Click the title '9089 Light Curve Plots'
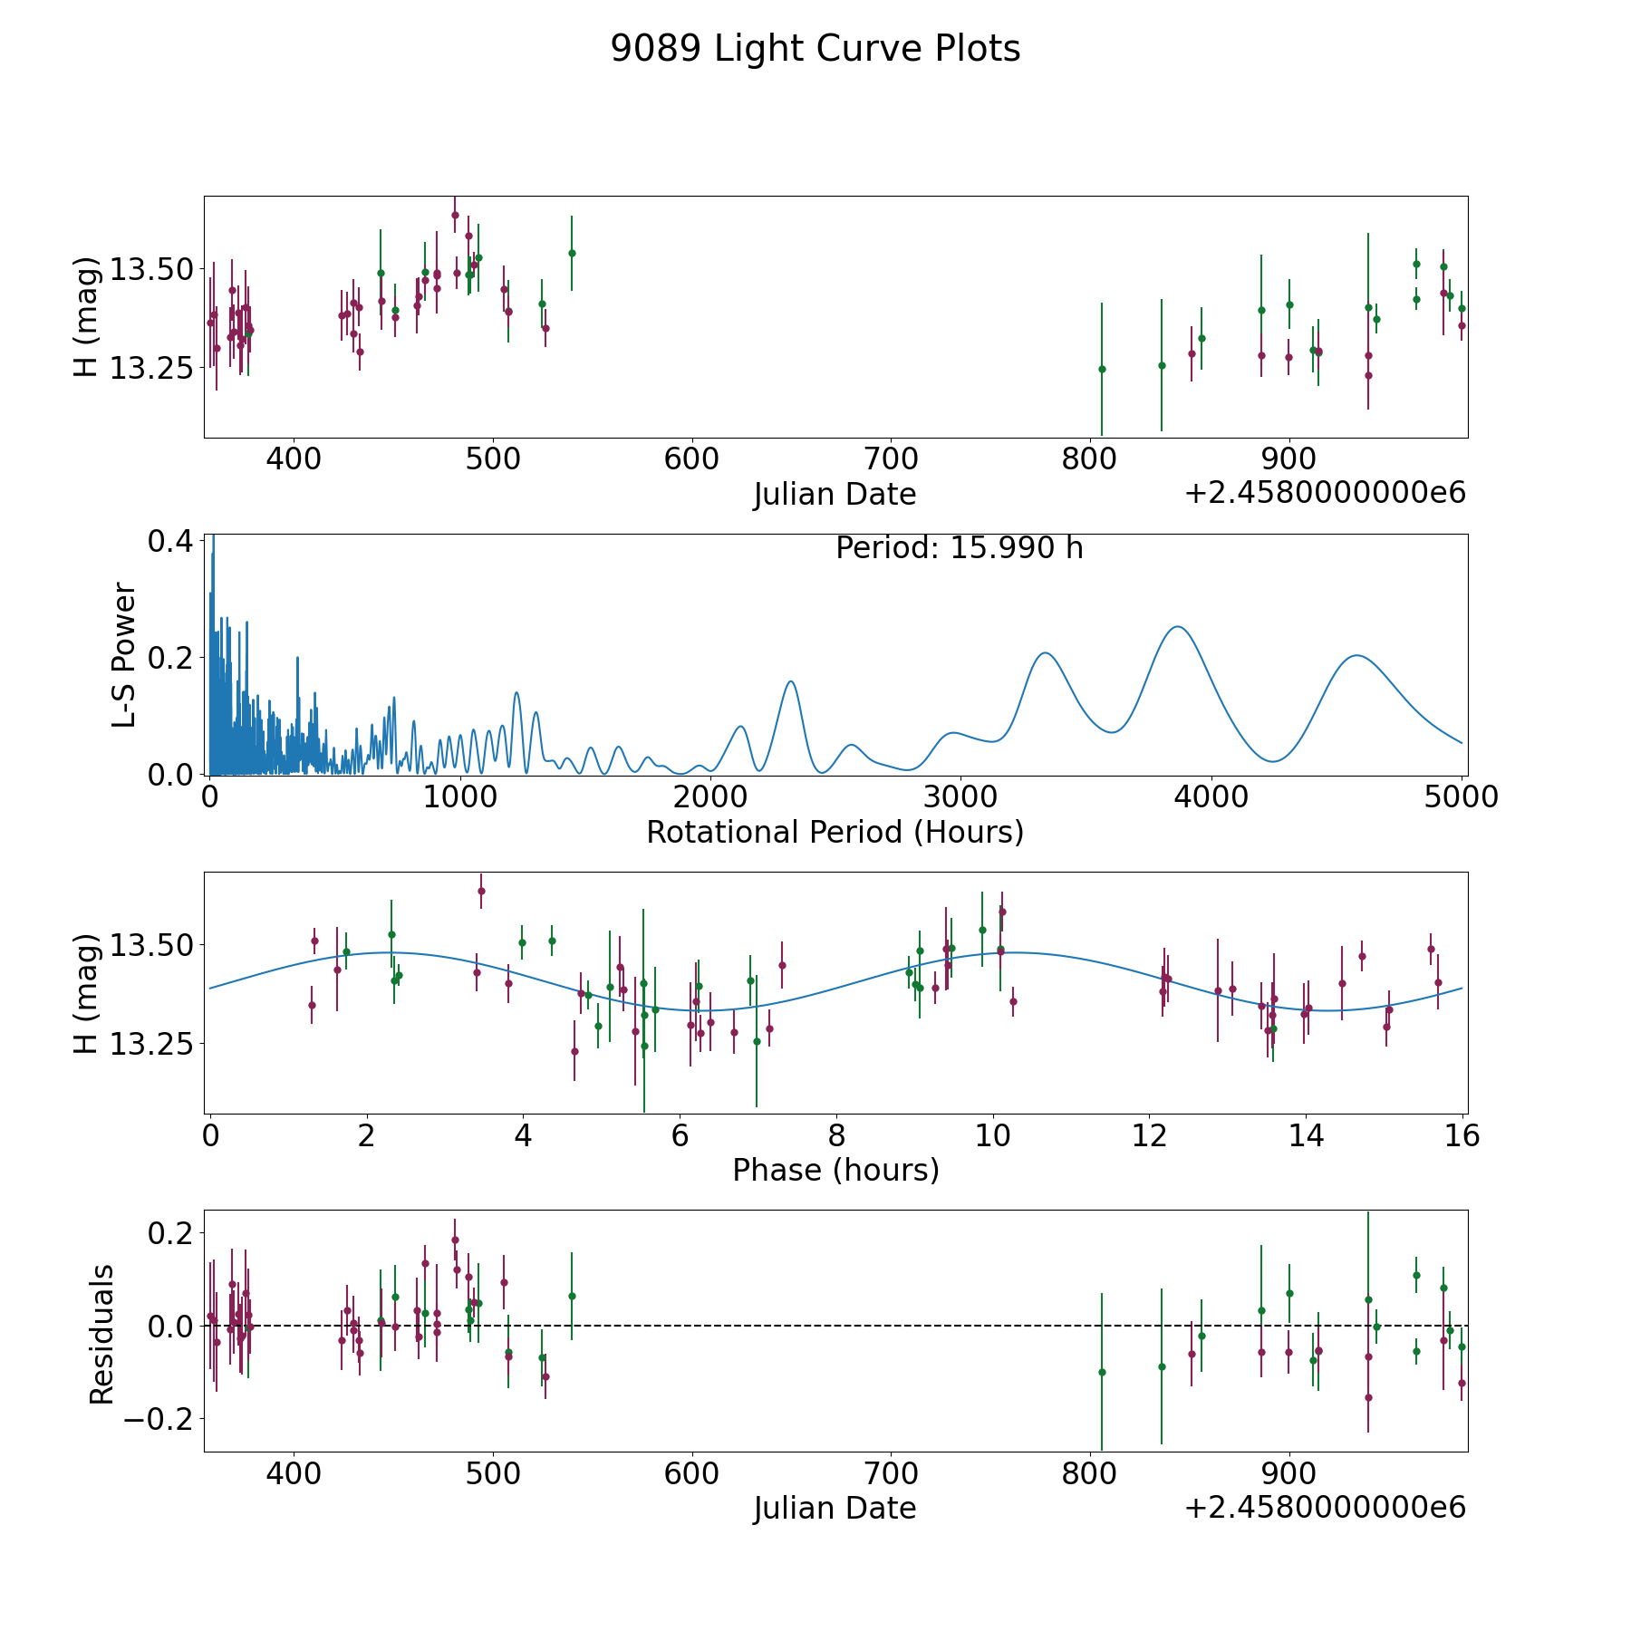(x=815, y=49)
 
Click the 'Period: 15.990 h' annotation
(x=959, y=548)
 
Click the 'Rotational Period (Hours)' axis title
(x=835, y=832)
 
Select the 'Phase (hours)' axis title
(x=835, y=1170)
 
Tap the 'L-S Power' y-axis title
(x=124, y=655)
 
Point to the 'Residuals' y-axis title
(x=101, y=1334)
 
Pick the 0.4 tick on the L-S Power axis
(x=170, y=541)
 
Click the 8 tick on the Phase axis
(x=836, y=1135)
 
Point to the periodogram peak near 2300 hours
(x=791, y=681)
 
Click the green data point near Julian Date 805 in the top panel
(x=1102, y=369)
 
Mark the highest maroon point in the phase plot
(x=481, y=891)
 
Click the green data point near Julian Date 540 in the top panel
(x=572, y=253)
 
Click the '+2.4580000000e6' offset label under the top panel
(x=1325, y=493)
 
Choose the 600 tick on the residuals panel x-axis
(x=691, y=1473)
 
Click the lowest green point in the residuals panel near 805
(x=1102, y=1372)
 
